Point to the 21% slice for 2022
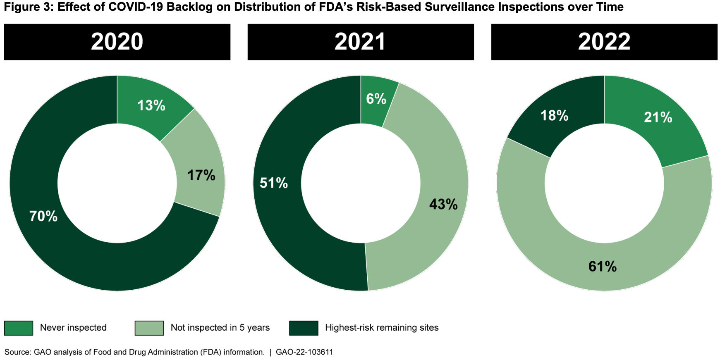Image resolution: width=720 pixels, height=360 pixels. click(x=658, y=118)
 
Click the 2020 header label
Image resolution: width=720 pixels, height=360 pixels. click(x=117, y=42)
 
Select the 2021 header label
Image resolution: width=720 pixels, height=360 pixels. click(x=360, y=42)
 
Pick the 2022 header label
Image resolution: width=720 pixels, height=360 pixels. click(x=604, y=42)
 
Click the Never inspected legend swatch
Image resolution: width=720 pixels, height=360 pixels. click(x=19, y=328)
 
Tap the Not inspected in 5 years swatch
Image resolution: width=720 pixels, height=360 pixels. click(x=149, y=328)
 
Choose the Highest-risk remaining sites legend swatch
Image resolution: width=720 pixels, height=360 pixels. click(x=304, y=328)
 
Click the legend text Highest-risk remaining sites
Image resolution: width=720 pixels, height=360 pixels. click(x=382, y=328)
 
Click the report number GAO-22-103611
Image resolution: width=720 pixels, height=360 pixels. click(x=304, y=352)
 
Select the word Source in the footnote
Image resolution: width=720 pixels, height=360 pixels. click(x=17, y=352)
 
